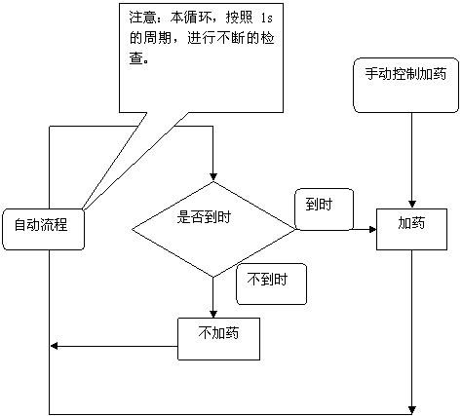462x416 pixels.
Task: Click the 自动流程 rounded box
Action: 44,229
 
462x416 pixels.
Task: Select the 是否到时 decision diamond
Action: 213,229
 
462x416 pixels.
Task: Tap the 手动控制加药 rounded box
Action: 406,86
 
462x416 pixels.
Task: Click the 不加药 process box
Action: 218,339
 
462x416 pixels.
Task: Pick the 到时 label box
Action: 324,209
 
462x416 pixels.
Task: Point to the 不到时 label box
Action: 271,284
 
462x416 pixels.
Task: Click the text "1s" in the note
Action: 267,18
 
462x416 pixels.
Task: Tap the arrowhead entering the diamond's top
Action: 213,177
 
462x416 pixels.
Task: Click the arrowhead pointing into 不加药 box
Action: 213,314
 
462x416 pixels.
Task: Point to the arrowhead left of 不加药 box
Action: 55,346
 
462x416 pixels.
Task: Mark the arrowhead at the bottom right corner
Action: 412,410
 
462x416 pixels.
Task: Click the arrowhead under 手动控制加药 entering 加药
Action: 412,205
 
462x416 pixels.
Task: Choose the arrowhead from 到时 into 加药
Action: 372,230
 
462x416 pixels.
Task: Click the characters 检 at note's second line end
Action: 267,38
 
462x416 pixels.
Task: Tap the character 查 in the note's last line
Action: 136,58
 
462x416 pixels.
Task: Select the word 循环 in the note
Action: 197,18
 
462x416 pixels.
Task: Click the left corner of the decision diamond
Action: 132,229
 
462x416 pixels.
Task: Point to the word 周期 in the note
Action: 159,38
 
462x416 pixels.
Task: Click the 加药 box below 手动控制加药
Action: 411,229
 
